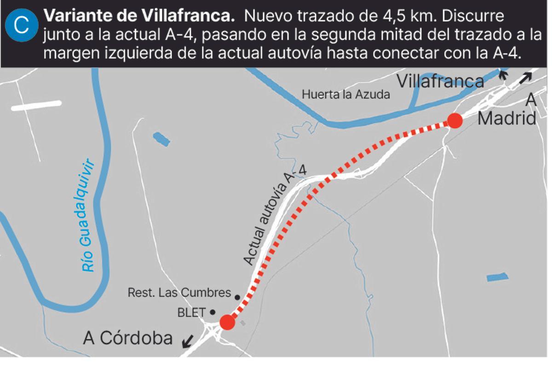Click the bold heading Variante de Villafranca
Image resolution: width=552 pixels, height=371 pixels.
point(139,17)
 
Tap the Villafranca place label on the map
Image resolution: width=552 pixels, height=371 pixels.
point(440,82)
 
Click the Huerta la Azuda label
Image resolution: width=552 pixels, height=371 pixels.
point(346,94)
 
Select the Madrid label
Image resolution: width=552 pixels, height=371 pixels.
point(506,118)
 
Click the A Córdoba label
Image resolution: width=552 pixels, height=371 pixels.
point(128,338)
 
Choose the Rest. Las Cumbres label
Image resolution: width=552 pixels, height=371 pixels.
point(179,293)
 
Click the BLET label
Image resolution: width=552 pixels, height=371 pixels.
point(191,312)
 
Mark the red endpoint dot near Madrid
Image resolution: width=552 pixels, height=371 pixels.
point(455,121)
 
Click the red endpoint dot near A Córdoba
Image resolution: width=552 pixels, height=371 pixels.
point(227,322)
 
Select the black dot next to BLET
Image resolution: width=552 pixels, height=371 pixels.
point(213,312)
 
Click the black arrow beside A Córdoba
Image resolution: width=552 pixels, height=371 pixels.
point(188,342)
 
